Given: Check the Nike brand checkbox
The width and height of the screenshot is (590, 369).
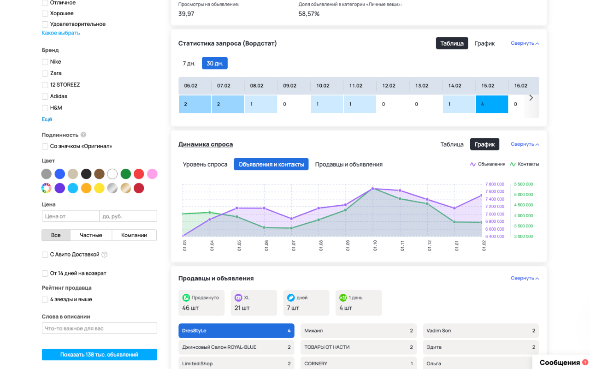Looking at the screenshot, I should tap(45, 62).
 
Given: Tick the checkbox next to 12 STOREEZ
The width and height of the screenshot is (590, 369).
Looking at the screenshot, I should tap(45, 85).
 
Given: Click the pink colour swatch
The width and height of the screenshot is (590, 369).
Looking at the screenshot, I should tap(152, 174).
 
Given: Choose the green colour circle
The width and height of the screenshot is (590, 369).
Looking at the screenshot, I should tap(126, 174).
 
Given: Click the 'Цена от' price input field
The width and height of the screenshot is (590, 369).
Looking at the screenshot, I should tap(71, 216).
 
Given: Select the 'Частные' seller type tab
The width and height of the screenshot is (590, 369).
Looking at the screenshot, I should tap(91, 235).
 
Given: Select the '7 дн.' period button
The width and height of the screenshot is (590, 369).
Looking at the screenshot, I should tap(189, 63).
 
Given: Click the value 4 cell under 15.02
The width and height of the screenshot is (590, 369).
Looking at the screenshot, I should tap(491, 104).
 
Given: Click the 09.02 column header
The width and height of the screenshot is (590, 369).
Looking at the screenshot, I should tap(289, 86).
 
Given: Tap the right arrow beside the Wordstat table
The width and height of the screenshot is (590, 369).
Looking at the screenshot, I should tap(531, 98).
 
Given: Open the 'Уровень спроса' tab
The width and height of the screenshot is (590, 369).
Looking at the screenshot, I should tap(205, 164).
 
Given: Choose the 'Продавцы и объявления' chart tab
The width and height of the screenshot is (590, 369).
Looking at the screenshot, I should tap(348, 164).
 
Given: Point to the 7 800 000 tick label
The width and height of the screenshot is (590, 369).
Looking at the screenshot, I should tap(495, 184).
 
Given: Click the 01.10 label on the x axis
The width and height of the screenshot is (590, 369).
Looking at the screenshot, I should tap(375, 245).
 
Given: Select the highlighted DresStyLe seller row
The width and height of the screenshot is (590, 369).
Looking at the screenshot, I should tap(236, 331).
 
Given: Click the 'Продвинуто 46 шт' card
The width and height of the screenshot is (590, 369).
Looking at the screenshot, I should tap(201, 303).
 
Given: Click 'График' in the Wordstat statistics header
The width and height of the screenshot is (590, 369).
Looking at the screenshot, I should tap(484, 43).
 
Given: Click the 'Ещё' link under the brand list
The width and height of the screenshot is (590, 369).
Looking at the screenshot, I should tap(47, 119).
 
